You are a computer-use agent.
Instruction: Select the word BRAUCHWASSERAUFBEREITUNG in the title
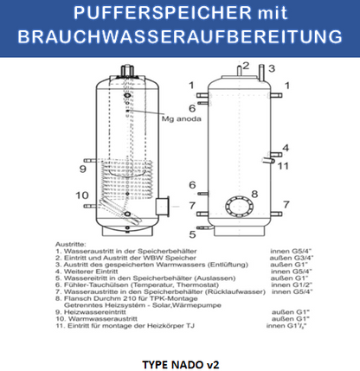point(180,38)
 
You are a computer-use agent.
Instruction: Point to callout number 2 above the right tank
point(245,65)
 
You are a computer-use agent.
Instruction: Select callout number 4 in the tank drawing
point(285,147)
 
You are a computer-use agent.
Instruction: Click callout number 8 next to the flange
point(254,194)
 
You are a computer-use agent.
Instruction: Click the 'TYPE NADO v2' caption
point(180,364)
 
